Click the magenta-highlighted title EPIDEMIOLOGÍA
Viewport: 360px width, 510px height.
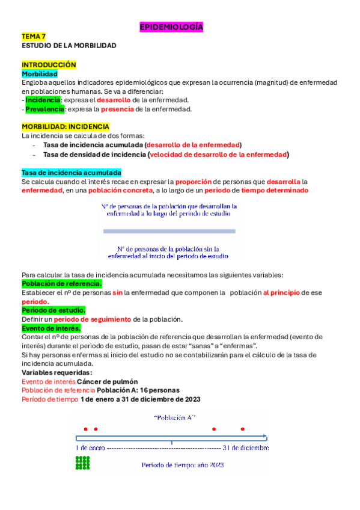tap(171, 27)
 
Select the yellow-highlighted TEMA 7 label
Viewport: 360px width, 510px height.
tap(34, 37)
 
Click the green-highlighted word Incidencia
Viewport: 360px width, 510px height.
tap(43, 100)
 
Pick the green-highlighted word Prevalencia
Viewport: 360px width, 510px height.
tap(44, 109)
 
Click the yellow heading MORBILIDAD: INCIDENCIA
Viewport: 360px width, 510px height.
tap(66, 127)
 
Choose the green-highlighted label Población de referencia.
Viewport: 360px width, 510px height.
tap(62, 283)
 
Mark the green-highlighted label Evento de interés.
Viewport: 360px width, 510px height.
tap(51, 328)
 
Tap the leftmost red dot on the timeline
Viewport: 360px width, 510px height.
tap(86, 429)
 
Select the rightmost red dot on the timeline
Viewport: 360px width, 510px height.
tap(243, 429)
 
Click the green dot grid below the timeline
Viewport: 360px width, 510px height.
tap(82, 462)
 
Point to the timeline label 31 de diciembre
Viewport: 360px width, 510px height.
tap(246, 448)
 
